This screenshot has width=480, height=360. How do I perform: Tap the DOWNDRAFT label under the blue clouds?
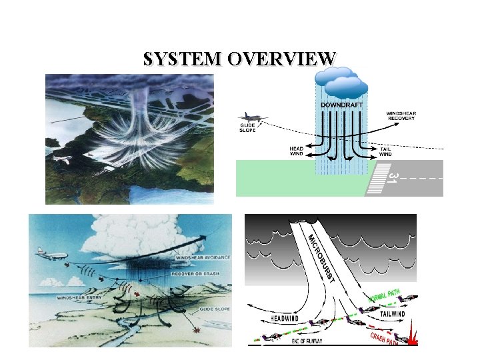[342, 105]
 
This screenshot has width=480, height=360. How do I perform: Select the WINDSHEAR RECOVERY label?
[401, 116]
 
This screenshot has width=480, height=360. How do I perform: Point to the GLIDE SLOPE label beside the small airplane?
[248, 127]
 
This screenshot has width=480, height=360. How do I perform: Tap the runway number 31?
[393, 177]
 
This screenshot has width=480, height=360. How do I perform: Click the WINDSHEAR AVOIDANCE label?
[204, 257]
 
